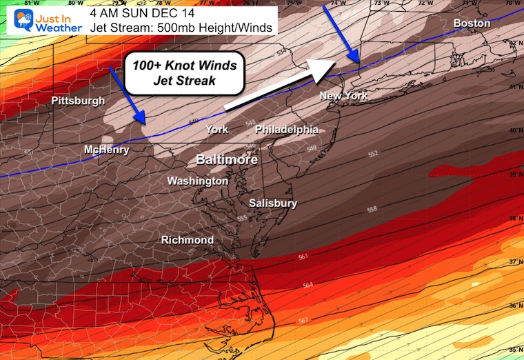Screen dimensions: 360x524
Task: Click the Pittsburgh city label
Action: [78, 101]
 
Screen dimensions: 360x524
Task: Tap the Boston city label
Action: [472, 23]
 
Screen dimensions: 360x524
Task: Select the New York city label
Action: [343, 96]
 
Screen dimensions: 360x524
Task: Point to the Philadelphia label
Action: [287, 130]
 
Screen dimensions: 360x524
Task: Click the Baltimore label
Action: [227, 160]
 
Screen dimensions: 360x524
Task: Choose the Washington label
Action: [198, 181]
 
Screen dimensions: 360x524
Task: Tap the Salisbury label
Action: [273, 203]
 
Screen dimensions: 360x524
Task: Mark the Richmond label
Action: [187, 240]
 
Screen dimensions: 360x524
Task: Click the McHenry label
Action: [106, 150]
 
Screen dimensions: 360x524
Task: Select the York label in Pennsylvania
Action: [216, 130]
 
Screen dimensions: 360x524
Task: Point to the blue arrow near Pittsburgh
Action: [127, 96]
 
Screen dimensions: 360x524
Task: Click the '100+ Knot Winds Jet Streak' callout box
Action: [185, 72]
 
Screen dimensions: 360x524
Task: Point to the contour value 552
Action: [372, 154]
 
